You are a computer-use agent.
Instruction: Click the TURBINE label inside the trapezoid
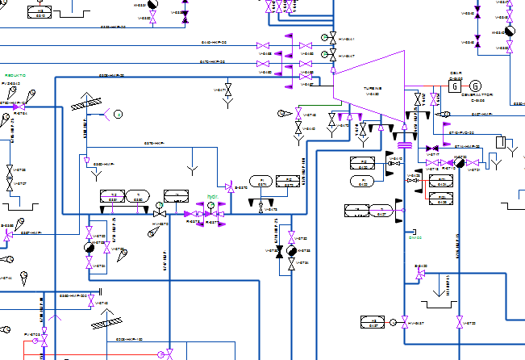[x=372, y=88]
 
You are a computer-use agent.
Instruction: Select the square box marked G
[x=454, y=86]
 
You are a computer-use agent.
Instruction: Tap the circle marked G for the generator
[x=475, y=86]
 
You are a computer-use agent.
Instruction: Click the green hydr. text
[x=212, y=196]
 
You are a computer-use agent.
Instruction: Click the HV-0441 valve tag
[x=346, y=40]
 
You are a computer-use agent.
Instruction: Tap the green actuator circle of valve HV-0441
[x=331, y=38]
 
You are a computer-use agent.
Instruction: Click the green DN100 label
[x=415, y=238]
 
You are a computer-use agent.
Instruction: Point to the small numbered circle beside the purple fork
[x=118, y=115]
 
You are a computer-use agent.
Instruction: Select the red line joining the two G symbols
[x=465, y=86]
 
